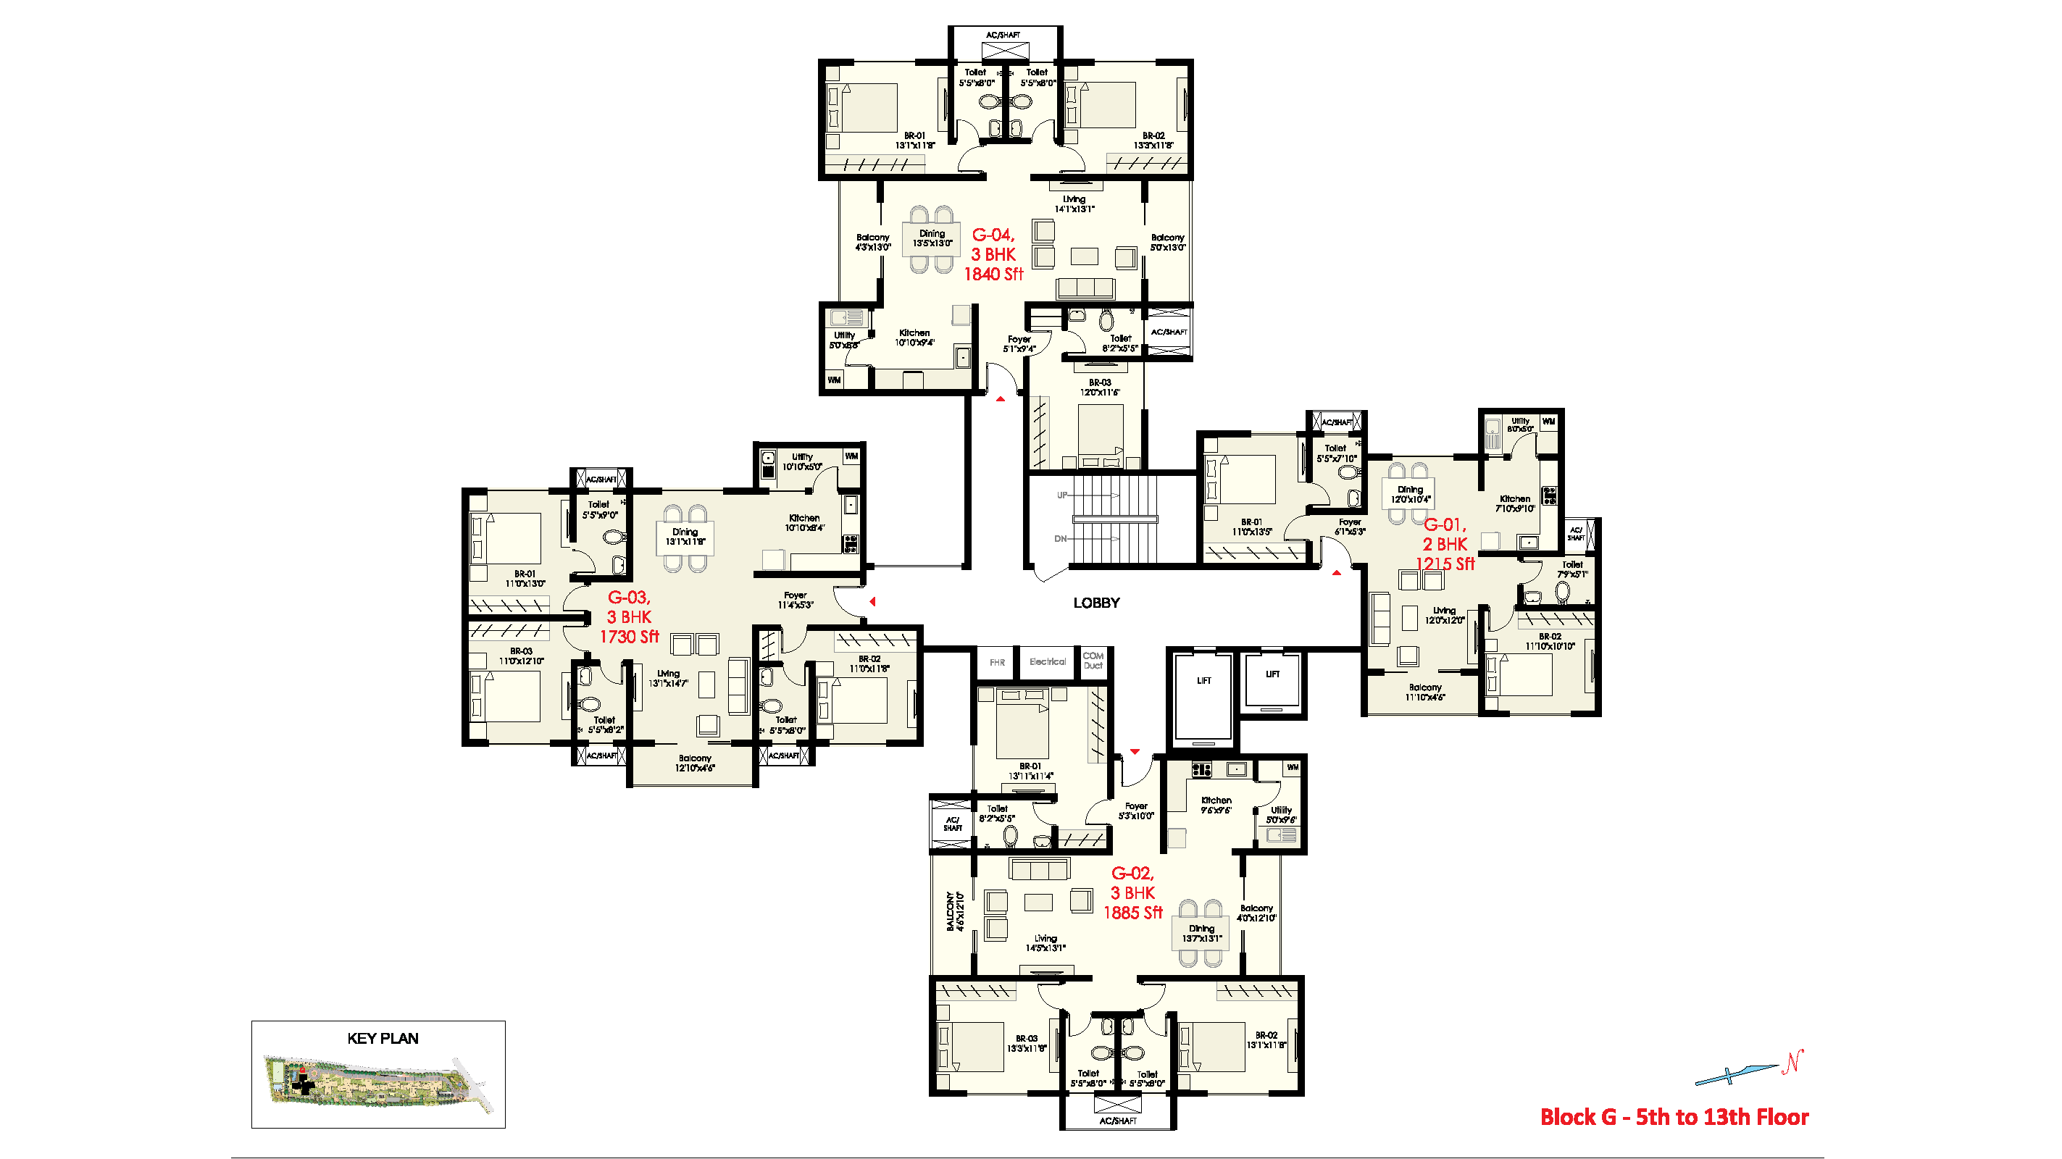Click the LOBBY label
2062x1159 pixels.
pos(1095,603)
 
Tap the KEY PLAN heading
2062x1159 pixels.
pos(383,1038)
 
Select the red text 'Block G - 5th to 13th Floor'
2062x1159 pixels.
pos(1674,1116)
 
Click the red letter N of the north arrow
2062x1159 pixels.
pos(1792,1061)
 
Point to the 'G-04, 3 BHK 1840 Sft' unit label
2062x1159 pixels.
pos(993,254)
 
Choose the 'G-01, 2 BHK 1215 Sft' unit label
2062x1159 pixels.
pos(1445,544)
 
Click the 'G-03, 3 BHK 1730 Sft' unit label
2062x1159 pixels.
pos(629,617)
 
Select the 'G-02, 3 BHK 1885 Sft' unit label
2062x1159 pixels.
pos(1132,892)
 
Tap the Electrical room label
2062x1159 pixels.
pos(1047,662)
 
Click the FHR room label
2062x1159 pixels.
pos(996,663)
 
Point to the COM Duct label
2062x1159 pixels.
pos(1093,661)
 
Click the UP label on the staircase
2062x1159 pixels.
pos(1061,495)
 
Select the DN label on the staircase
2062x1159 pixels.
pos(1061,539)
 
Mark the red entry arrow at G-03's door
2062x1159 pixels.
pos(872,601)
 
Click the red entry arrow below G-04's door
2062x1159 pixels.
pos(1000,398)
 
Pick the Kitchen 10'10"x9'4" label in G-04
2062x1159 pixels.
pos(914,338)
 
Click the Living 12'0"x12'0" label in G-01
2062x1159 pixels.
pos(1444,615)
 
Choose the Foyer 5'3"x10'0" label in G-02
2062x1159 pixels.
pos(1136,811)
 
